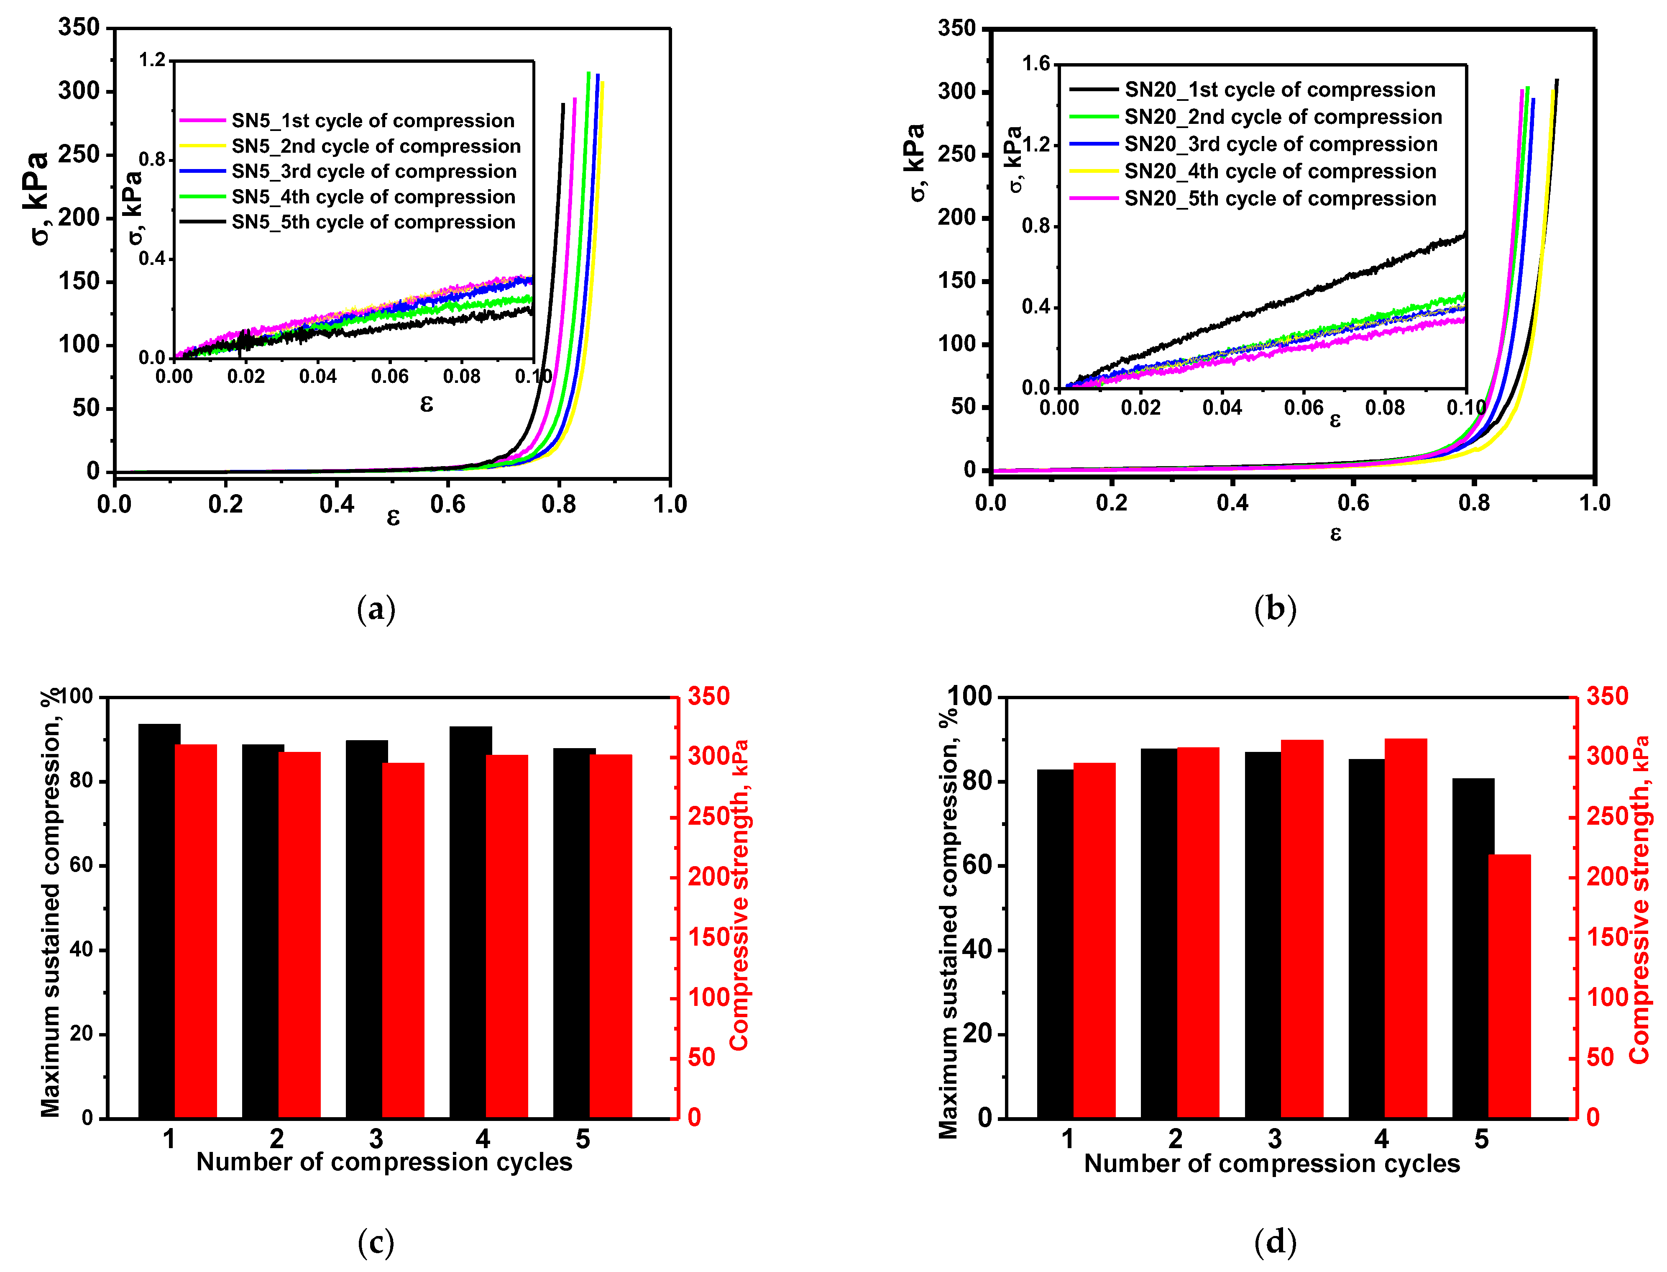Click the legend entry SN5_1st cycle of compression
tap(372, 121)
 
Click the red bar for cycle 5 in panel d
tap(1509, 986)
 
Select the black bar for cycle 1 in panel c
tap(159, 921)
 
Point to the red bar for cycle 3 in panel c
tap(403, 940)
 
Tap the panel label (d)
tap(1275, 1242)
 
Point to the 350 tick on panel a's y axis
tap(79, 28)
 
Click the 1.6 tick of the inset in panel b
tap(1036, 64)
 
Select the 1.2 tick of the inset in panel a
tap(151, 60)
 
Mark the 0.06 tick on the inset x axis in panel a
tap(390, 376)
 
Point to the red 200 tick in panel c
tap(708, 877)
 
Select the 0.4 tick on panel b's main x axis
tap(1232, 503)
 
